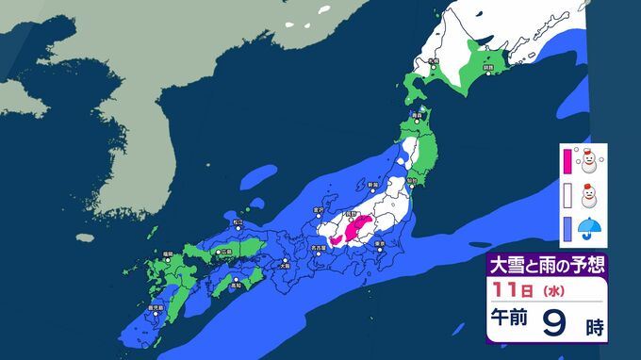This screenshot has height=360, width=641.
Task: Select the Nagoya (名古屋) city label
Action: [x=320, y=249]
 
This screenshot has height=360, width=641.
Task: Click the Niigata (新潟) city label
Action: [x=372, y=185]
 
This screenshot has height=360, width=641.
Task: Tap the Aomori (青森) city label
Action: [x=416, y=112]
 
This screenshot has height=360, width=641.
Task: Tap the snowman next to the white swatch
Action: [x=592, y=196]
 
